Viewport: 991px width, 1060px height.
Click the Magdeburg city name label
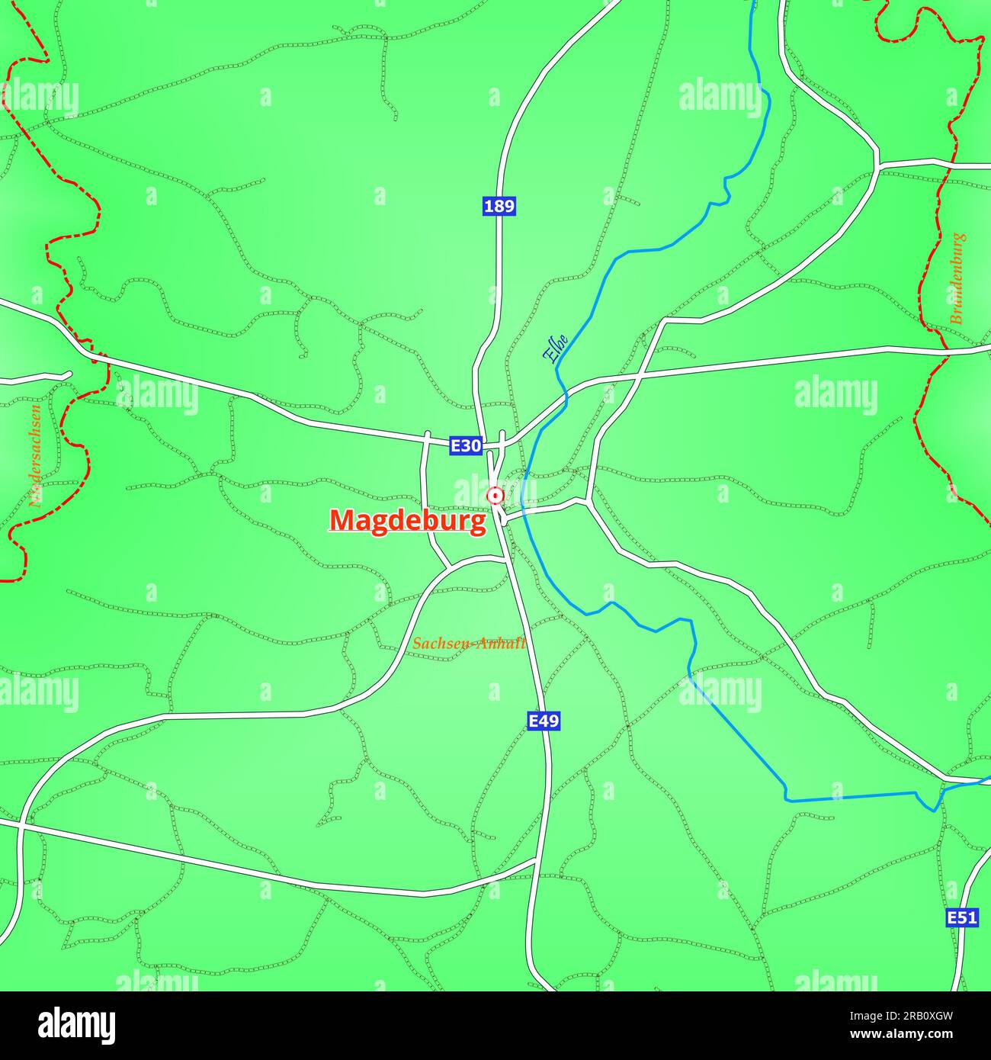pyautogui.click(x=407, y=521)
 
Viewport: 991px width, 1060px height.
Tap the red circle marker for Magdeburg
pyautogui.click(x=496, y=496)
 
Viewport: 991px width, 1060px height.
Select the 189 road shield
pyautogui.click(x=499, y=206)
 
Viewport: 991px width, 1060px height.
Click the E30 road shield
pyautogui.click(x=465, y=445)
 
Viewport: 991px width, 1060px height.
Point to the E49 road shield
pyautogui.click(x=544, y=721)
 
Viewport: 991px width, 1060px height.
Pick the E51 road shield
pyautogui.click(x=961, y=917)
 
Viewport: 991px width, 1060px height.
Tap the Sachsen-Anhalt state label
pyautogui.click(x=469, y=644)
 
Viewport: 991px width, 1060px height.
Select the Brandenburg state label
pyautogui.click(x=957, y=279)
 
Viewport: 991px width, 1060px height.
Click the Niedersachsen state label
pyautogui.click(x=34, y=456)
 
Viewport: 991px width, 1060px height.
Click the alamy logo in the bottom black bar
pyautogui.click(x=76, y=1025)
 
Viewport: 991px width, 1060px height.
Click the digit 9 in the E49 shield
pyautogui.click(x=553, y=721)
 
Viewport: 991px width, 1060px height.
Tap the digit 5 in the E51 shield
pyautogui.click(x=962, y=917)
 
